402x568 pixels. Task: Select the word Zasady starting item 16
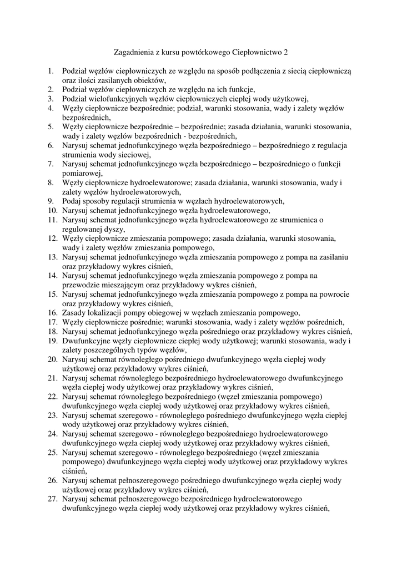[x=75, y=312]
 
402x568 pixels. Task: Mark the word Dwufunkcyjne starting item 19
[x=87, y=341]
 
